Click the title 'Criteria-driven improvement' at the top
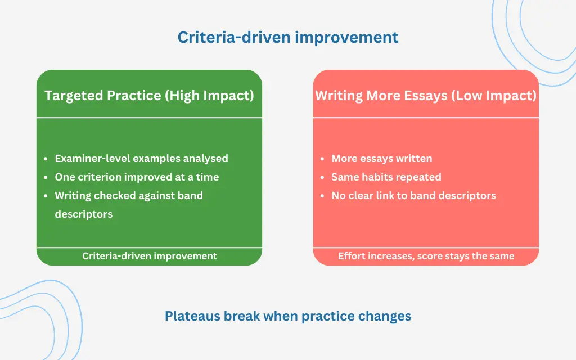click(x=288, y=38)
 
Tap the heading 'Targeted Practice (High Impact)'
click(x=149, y=95)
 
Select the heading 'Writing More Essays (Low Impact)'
click(x=426, y=95)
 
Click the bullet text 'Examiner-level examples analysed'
click(x=141, y=159)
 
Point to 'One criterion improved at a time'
click(x=137, y=177)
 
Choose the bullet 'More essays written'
click(x=381, y=159)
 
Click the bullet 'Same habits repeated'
click(x=386, y=177)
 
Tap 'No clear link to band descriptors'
click(x=413, y=196)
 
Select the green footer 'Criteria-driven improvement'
click(x=150, y=256)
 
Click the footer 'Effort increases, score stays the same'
click(x=426, y=256)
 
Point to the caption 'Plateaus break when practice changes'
click(x=288, y=316)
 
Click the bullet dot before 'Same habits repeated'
click(x=322, y=177)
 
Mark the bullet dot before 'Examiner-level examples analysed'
click(x=46, y=159)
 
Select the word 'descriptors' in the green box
click(x=83, y=214)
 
